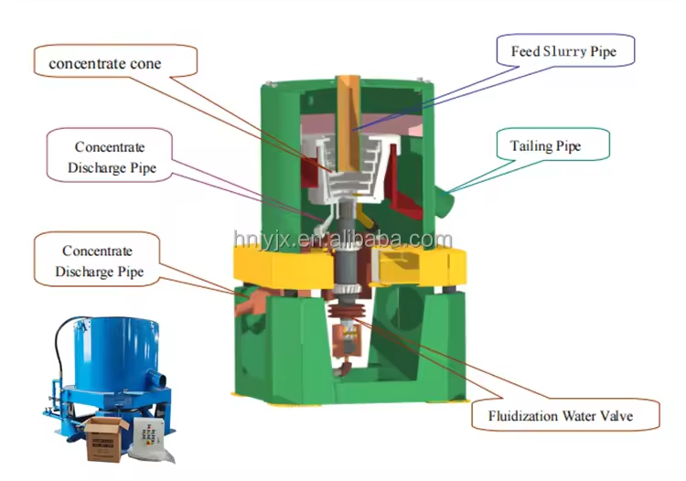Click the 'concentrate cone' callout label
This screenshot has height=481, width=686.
pyautogui.click(x=105, y=64)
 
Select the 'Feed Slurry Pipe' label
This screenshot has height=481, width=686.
pyautogui.click(x=563, y=51)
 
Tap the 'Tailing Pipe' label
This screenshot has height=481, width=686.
pyautogui.click(x=545, y=145)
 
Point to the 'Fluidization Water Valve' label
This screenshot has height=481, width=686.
pyautogui.click(x=561, y=415)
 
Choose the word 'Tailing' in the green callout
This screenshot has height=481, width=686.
pyautogui.click(x=531, y=145)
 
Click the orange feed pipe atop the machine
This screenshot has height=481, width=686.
pyautogui.click(x=348, y=123)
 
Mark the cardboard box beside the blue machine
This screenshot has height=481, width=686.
pyautogui.click(x=105, y=439)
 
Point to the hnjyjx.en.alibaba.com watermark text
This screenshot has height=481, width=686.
pyautogui.click(x=343, y=240)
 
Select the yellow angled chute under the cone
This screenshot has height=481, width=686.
pyautogui.click(x=366, y=217)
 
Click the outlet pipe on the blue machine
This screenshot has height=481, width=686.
pyautogui.click(x=156, y=378)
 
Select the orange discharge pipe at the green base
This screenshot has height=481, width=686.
pyautogui.click(x=252, y=301)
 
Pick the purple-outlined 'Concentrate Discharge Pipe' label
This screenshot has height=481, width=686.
pyautogui.click(x=111, y=157)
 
